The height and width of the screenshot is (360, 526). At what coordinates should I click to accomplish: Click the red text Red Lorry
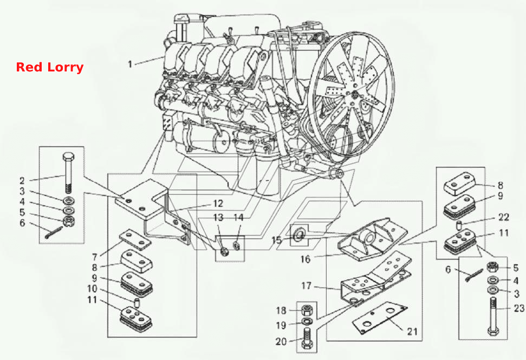(x=50, y=67)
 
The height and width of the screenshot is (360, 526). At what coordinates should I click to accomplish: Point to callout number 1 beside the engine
(x=130, y=64)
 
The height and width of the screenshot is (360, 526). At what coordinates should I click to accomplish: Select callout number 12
(x=218, y=204)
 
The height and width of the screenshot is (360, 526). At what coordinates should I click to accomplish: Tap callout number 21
(x=412, y=331)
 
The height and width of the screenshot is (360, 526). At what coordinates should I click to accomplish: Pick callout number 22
(x=504, y=217)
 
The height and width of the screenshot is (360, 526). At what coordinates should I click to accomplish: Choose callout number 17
(x=306, y=286)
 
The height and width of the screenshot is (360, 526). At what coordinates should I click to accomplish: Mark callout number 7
(x=95, y=257)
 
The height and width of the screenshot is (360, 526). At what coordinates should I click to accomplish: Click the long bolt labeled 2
(x=68, y=173)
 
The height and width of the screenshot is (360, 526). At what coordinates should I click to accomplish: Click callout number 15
(x=276, y=240)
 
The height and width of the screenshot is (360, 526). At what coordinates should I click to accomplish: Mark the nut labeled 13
(x=224, y=251)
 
